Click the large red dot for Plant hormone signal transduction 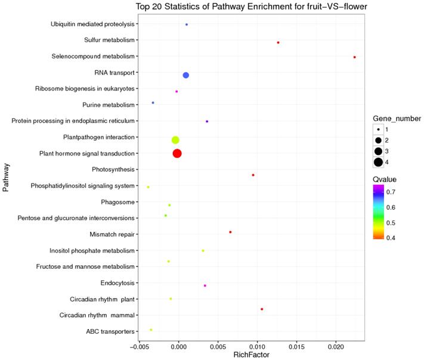177,154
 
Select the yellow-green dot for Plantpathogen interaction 175,140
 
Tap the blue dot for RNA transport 186,75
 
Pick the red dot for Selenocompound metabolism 355,57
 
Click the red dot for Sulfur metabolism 278,42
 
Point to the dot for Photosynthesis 253,175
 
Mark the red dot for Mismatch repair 230,232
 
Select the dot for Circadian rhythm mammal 262,309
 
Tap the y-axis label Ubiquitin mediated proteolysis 92,24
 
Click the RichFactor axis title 252,355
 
